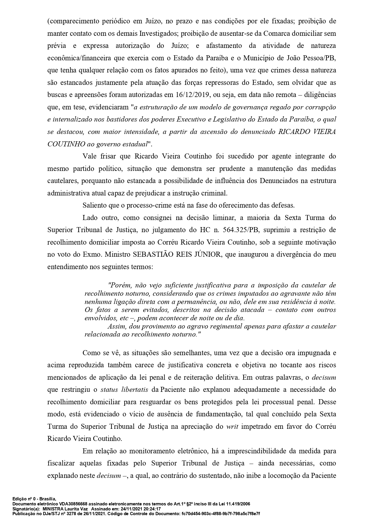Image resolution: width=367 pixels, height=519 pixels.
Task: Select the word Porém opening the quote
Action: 118,285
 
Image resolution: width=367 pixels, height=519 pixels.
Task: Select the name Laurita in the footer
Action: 70,509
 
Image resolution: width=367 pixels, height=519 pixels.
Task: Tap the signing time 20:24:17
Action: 151,509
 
